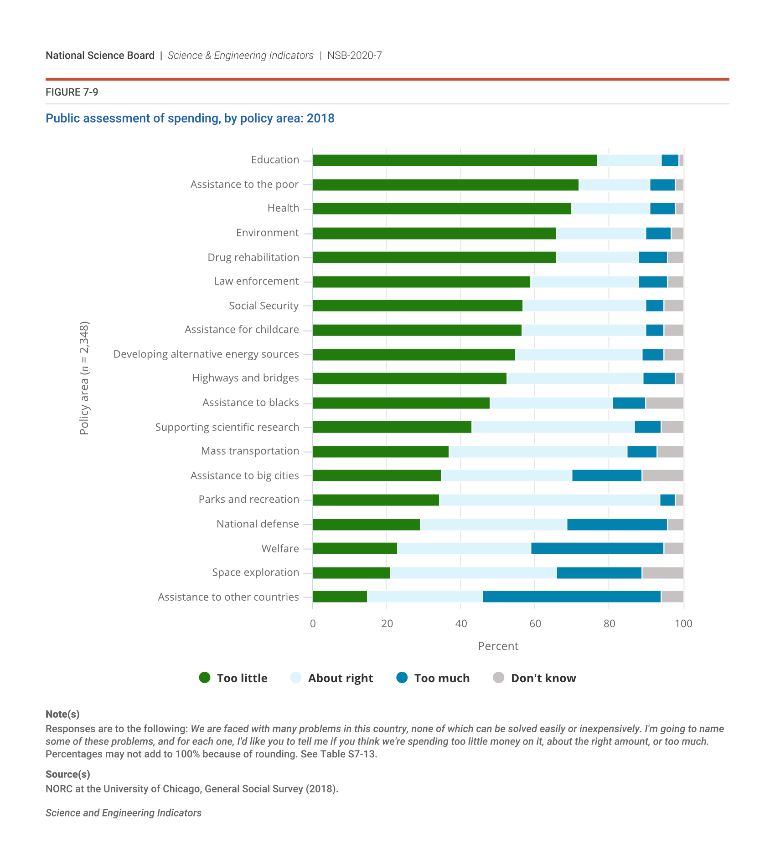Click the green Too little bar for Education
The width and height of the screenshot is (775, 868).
[455, 160]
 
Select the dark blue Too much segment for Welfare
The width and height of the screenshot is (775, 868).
[597, 548]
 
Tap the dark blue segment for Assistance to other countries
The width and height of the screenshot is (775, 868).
[572, 597]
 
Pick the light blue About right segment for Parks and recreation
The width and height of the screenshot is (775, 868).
[549, 500]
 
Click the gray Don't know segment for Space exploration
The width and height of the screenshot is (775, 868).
[662, 573]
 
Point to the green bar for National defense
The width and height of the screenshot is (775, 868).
[367, 525]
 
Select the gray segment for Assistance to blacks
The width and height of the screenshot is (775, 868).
[664, 403]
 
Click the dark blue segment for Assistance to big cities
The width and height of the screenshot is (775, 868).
[607, 475]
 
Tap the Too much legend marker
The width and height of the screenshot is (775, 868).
[402, 678]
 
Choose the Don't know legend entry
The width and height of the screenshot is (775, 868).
[534, 678]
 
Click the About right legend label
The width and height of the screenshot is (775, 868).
[340, 678]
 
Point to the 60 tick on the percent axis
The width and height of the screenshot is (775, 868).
[535, 623]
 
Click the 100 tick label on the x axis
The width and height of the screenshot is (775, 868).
[683, 623]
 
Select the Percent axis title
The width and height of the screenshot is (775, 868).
[498, 646]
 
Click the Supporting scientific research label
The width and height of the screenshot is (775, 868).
[227, 427]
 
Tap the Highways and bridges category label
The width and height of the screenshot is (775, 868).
[245, 378]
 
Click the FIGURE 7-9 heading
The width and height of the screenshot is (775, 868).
[72, 92]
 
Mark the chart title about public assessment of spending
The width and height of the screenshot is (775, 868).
[190, 118]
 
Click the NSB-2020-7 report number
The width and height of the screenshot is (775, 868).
[354, 56]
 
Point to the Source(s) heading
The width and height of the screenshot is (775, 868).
[68, 774]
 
